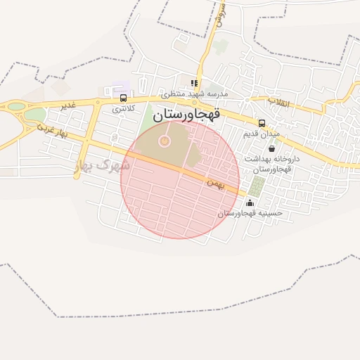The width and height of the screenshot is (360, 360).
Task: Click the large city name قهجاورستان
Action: [x=186, y=113]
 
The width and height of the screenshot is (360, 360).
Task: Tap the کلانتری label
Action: [x=124, y=109]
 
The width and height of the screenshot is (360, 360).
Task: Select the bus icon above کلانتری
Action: [x=124, y=98]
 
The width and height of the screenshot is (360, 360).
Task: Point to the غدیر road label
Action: [x=67, y=105]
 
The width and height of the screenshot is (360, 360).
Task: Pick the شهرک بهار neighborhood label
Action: [x=102, y=166]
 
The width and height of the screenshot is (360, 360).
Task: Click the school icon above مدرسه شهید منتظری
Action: [x=194, y=83]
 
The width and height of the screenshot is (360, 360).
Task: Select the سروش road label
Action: [x=221, y=14]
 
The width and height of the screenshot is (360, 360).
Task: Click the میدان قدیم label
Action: [x=262, y=133]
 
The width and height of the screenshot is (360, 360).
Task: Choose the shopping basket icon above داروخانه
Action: [x=271, y=148]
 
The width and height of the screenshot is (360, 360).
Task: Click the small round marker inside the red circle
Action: [x=165, y=141]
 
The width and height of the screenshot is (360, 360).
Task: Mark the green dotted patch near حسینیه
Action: [x=257, y=186]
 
